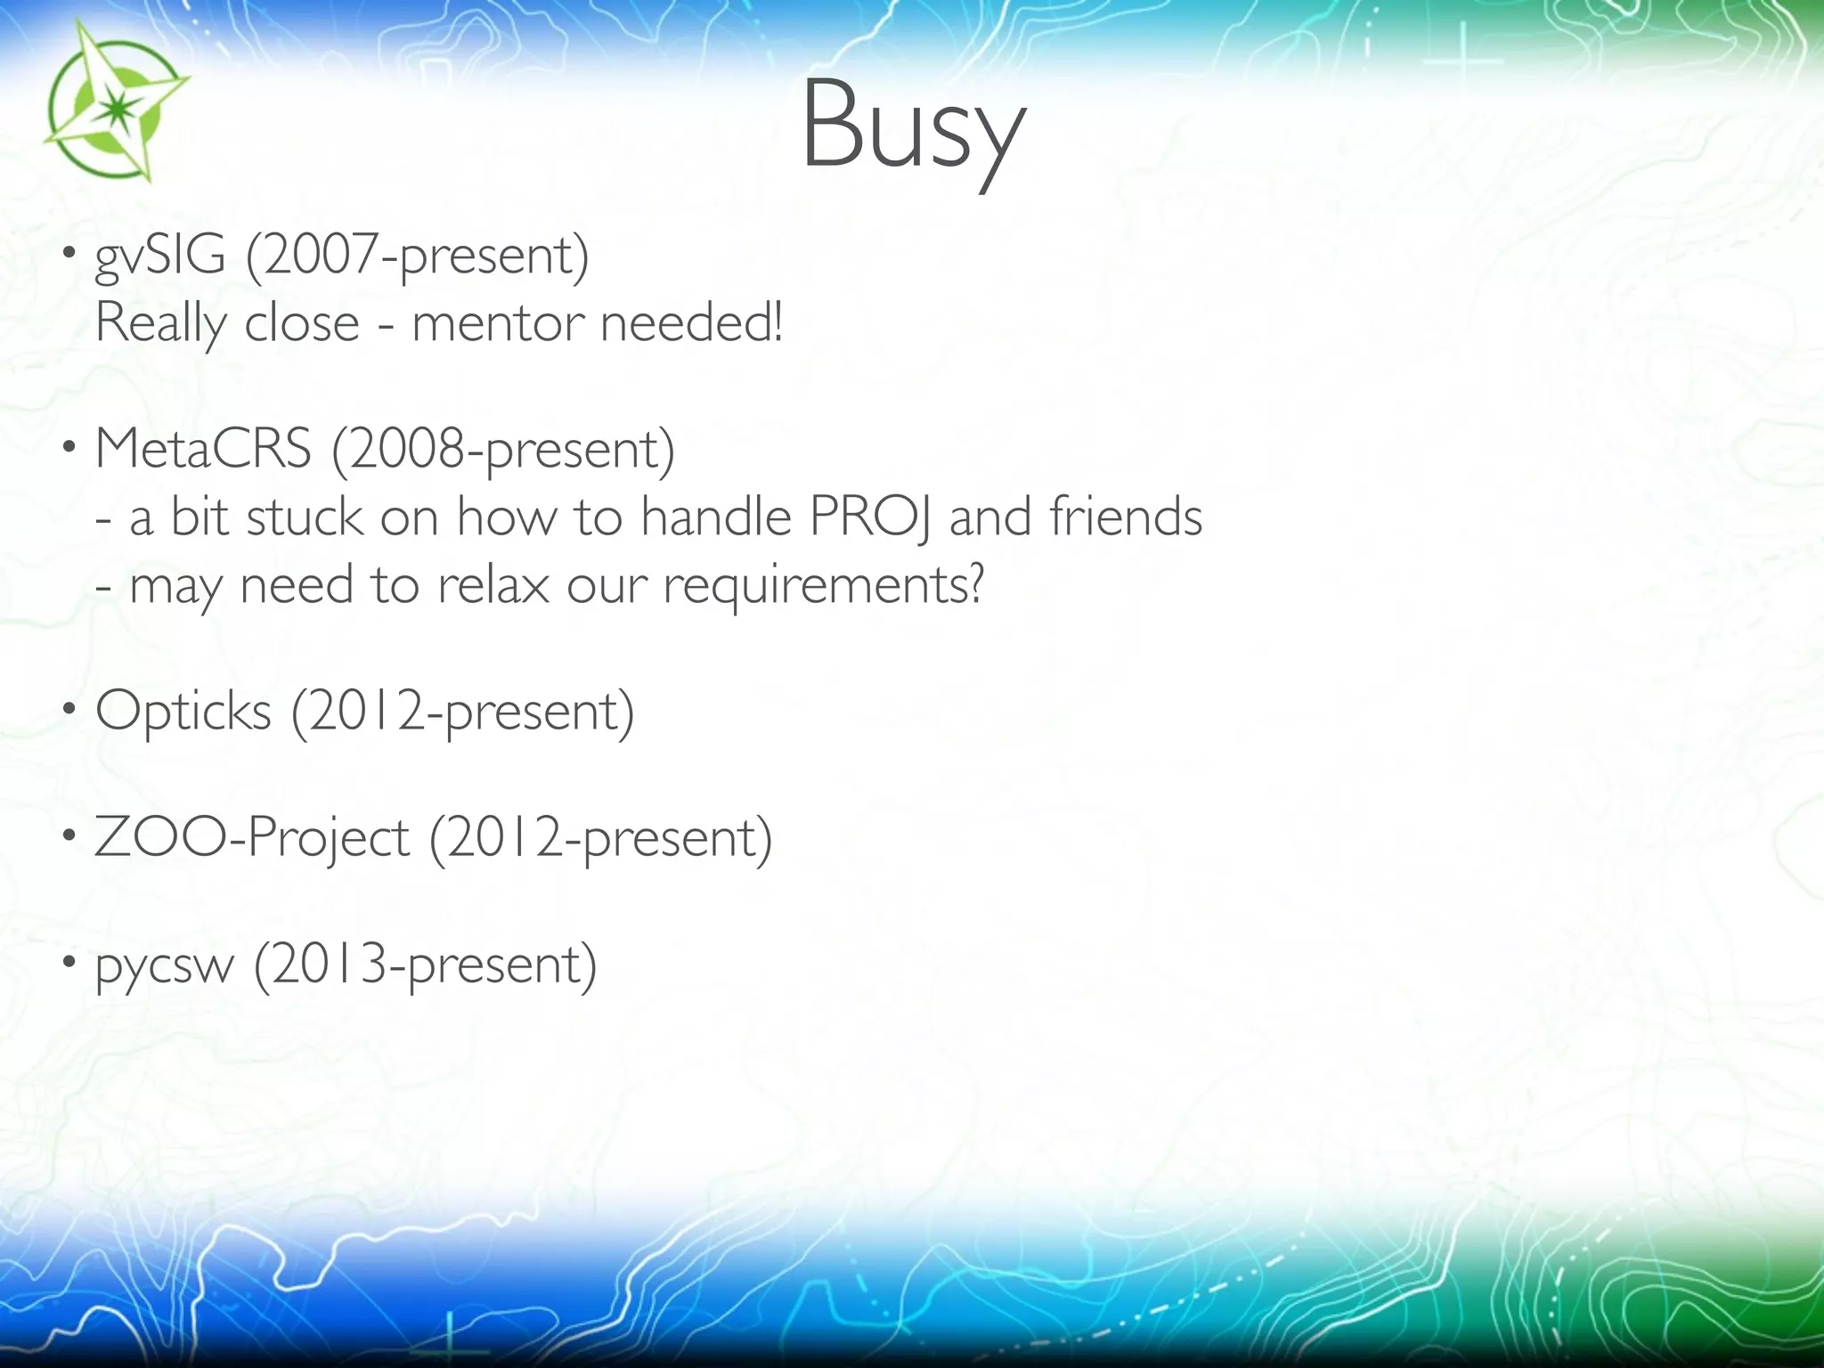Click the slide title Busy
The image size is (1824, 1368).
pos(912,125)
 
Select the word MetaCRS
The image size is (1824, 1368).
pos(203,449)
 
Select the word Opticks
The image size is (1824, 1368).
pos(183,712)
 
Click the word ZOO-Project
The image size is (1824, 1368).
pos(251,839)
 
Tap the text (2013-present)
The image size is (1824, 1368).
pos(425,965)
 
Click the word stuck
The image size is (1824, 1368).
pos(304,517)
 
